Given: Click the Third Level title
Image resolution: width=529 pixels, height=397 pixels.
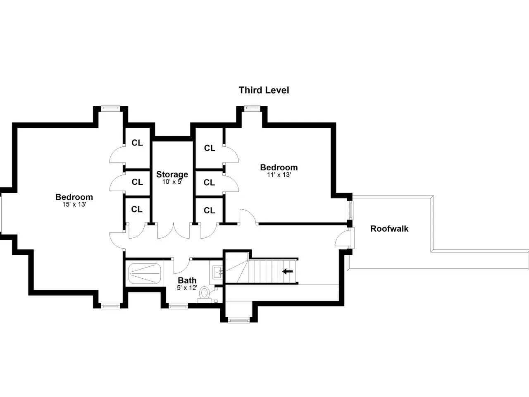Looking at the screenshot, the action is [264, 90].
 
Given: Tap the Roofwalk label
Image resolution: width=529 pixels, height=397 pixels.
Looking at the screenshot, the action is [389, 229].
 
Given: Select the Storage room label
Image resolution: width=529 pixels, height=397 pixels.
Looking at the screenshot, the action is [172, 174].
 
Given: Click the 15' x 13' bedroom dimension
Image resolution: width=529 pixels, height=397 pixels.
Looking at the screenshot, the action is [74, 204].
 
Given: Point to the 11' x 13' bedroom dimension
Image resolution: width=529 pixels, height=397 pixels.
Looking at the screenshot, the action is [279, 175].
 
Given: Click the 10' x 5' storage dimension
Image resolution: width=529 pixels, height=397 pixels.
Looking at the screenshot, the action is [172, 182].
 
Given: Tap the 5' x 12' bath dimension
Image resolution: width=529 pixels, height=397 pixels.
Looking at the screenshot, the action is [187, 287].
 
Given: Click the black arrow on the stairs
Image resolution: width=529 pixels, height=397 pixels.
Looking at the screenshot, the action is [288, 271].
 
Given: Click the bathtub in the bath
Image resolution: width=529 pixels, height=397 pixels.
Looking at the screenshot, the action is [144, 274].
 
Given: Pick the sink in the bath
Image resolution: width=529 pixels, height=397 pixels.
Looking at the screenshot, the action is [218, 272].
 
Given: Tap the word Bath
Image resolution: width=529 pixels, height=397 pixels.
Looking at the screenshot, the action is [187, 280].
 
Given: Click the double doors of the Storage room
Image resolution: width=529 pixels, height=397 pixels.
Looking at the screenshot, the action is [174, 231].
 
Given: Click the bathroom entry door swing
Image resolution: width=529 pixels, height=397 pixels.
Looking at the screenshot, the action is [182, 266].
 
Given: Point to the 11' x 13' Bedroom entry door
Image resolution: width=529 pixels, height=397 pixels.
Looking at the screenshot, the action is [248, 217].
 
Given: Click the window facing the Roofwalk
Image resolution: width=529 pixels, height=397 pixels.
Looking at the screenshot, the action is [350, 210].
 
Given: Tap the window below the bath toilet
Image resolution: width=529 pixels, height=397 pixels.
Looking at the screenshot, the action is [178, 306].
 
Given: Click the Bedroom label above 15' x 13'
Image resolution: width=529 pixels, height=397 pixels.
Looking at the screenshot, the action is [74, 197].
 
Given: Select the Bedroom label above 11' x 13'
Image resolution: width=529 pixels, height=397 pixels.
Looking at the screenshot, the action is [279, 167].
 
